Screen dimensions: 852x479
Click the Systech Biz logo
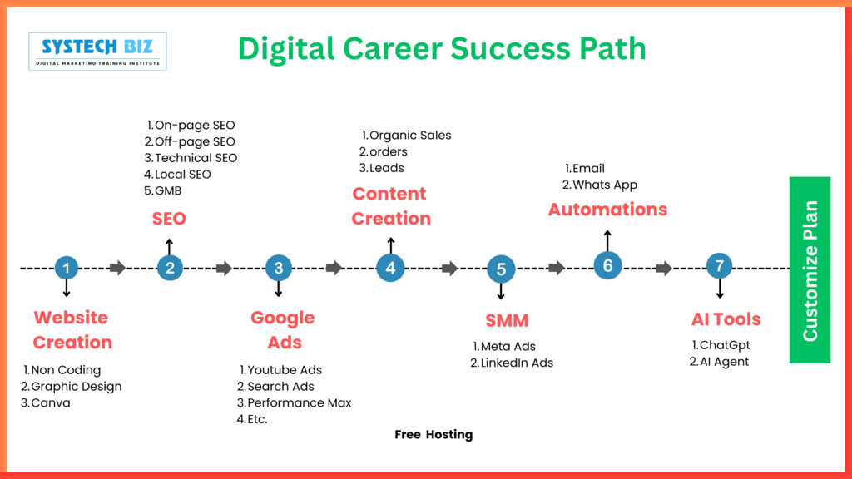98,52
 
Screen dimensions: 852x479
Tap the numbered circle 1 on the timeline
67,268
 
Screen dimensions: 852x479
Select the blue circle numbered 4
390,268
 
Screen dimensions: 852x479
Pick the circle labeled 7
720,266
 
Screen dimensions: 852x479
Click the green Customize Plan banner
810,270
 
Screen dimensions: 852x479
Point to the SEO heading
169,219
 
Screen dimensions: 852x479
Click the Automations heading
607,209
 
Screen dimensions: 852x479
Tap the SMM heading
507,320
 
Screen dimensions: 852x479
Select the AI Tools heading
726,319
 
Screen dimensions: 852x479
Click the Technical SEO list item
191,158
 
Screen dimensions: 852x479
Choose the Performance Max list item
294,403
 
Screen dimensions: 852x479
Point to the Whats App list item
600,185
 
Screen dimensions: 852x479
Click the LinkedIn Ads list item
512,363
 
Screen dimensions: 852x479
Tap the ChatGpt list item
721,345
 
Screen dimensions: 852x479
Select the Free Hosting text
433,434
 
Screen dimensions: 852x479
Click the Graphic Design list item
72,387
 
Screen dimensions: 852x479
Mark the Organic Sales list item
406,136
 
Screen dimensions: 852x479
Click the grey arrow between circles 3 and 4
334,268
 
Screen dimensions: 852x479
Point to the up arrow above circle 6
607,241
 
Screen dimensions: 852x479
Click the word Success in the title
510,48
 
